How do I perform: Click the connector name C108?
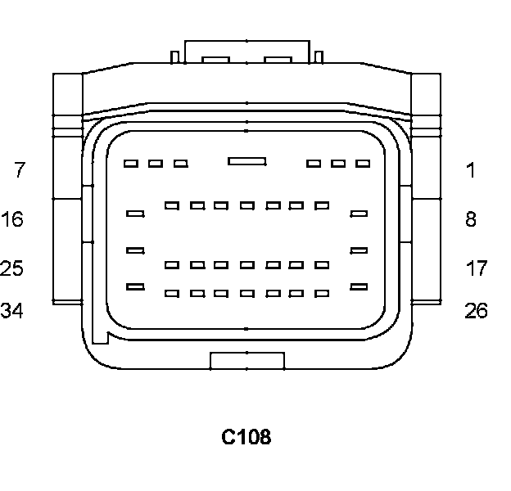[x=246, y=438]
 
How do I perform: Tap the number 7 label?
[x=20, y=170]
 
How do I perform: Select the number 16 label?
[x=12, y=219]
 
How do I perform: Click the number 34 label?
[x=12, y=311]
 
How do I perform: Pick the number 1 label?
[x=470, y=170]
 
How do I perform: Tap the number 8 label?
[x=470, y=219]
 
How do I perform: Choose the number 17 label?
[x=476, y=268]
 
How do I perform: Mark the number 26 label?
[x=476, y=311]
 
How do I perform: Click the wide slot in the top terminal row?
[x=246, y=161]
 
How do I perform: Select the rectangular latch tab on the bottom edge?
[x=247, y=361]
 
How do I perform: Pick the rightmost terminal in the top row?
[x=363, y=164]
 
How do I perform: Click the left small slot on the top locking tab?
[x=216, y=60]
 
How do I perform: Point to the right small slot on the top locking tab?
[x=278, y=60]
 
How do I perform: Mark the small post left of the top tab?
[x=174, y=56]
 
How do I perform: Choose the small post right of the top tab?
[x=319, y=56]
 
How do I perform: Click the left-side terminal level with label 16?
[x=136, y=214]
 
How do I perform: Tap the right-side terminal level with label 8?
[x=359, y=214]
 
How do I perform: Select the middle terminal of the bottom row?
[x=247, y=293]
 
